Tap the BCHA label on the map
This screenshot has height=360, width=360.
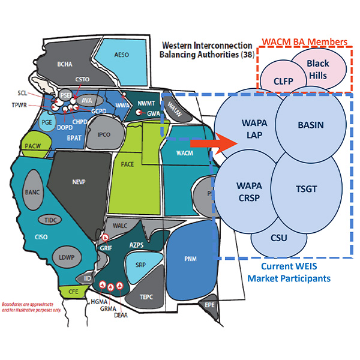[x=64, y=62]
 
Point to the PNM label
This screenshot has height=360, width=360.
[x=191, y=258]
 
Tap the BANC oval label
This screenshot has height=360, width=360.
[x=33, y=193]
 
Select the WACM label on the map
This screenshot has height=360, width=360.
[x=184, y=153]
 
